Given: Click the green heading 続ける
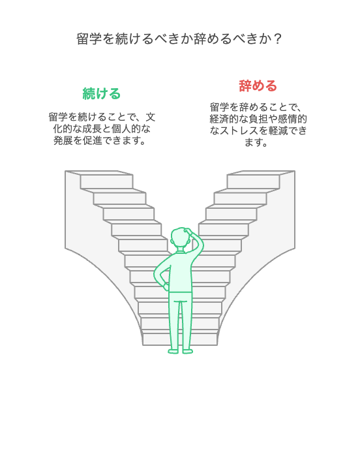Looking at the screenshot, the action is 102,94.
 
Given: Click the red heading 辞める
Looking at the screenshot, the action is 258,85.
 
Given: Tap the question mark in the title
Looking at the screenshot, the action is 277,38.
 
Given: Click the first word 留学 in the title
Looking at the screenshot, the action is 89,38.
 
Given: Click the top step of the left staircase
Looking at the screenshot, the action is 106,182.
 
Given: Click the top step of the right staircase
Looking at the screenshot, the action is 253,182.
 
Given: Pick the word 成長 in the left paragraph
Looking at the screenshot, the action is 92,129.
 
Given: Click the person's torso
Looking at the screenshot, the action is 180,271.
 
